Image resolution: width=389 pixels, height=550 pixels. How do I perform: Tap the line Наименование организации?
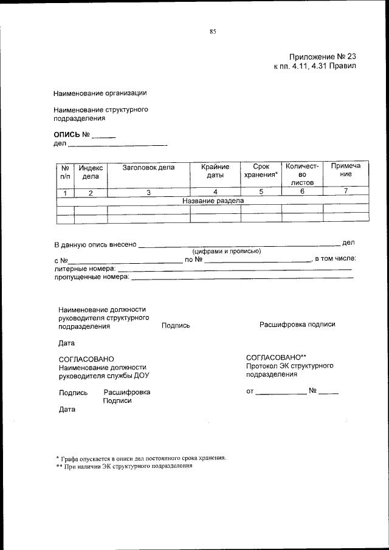100,93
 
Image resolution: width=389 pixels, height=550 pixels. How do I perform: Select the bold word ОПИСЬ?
67,134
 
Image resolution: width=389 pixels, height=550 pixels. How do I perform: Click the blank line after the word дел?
117,145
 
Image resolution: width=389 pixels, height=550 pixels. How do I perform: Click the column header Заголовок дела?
148,167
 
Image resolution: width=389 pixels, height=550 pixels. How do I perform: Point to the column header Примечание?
345,170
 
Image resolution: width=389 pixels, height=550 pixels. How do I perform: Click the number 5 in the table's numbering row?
261,192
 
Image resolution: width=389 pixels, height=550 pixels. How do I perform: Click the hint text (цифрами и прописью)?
227,251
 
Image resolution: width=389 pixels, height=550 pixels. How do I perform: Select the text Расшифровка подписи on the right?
297,325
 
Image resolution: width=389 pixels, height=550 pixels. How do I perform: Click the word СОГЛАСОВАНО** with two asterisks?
276,357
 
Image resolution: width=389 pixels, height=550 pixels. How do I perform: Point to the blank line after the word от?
281,393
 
